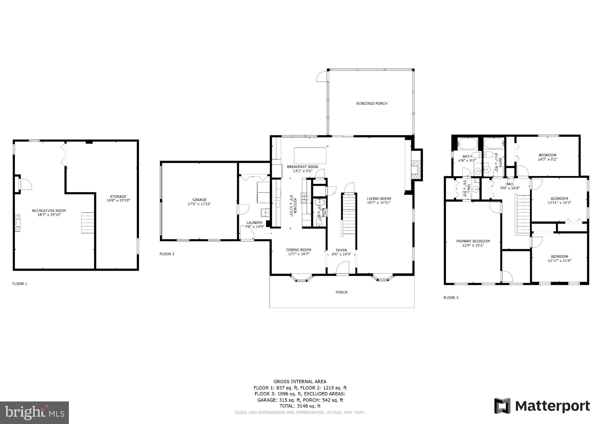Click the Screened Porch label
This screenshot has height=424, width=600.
click(x=371, y=103)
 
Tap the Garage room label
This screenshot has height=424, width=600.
click(x=199, y=200)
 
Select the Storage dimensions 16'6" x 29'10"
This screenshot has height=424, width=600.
click(x=118, y=201)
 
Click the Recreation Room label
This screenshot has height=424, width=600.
click(x=49, y=211)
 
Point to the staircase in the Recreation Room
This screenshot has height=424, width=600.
click(x=88, y=223)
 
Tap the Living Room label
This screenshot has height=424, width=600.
click(x=379, y=199)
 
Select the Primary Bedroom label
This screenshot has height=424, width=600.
click(x=472, y=241)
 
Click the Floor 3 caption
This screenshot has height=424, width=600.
click(x=451, y=298)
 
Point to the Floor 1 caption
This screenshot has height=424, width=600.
click(x=20, y=284)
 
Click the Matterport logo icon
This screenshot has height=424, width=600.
click(x=502, y=406)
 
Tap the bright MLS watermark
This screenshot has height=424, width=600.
click(x=34, y=412)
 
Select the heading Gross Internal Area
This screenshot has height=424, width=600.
click(x=300, y=382)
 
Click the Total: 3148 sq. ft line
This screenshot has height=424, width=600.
click(x=300, y=406)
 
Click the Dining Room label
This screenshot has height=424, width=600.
click(x=298, y=250)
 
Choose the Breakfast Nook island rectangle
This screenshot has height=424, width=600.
click(x=310, y=156)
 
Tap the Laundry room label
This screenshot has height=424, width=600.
click(x=254, y=223)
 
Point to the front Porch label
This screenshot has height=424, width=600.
click(x=341, y=292)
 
